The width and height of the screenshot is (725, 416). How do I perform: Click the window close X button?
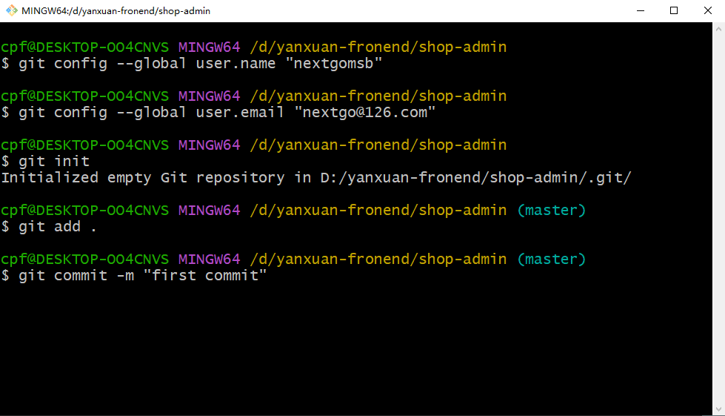[707, 10]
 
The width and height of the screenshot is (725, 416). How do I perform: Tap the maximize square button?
[674, 10]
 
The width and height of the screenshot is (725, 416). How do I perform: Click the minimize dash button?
[641, 10]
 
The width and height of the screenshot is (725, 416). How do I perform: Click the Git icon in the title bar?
[12, 10]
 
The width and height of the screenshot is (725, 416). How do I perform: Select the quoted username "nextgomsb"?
[333, 63]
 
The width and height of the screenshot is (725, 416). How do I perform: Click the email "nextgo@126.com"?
[365, 113]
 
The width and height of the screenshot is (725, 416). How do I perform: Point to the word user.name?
[235, 63]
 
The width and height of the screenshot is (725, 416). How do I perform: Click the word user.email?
[240, 113]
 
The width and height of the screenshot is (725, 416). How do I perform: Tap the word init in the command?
[72, 161]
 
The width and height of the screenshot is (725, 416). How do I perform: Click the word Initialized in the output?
[50, 178]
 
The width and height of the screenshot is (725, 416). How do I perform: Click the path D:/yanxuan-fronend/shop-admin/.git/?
[475, 178]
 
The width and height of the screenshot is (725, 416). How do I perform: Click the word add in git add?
[67, 227]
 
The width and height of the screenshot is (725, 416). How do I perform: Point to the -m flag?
[125, 276]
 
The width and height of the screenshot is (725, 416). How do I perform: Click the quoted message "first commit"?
[205, 276]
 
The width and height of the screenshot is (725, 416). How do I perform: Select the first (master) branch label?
[551, 210]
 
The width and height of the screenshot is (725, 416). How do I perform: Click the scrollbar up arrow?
[718, 29]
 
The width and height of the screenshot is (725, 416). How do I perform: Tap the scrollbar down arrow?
[718, 409]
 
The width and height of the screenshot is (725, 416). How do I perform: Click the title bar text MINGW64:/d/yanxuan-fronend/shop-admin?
[116, 10]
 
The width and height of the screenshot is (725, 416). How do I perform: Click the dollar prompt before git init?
[5, 161]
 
